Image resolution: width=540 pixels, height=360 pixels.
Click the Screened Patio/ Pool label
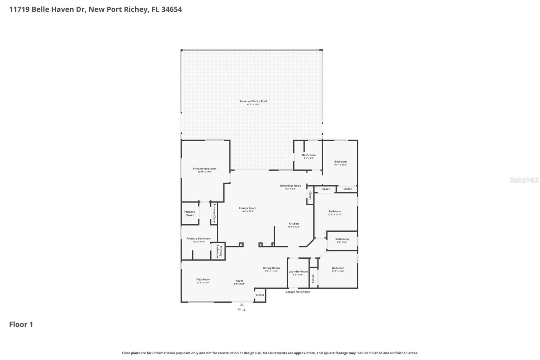253,101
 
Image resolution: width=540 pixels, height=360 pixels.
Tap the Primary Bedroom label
205,169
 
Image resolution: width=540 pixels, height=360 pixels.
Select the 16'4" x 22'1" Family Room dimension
247,211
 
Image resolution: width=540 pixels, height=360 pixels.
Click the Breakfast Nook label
290,186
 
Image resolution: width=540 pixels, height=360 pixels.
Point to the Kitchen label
294,224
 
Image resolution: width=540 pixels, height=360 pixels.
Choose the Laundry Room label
298,272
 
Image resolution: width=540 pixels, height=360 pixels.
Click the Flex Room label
203,279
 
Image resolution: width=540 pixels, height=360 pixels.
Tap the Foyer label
239,281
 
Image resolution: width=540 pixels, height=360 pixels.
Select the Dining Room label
271,268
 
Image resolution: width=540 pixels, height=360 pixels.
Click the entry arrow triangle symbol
242,305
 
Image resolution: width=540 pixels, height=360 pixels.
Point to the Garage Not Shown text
298,292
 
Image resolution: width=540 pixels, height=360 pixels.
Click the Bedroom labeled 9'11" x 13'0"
340,162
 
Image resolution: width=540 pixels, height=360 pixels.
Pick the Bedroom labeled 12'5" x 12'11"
335,211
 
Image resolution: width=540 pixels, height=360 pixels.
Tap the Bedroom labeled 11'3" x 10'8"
338,268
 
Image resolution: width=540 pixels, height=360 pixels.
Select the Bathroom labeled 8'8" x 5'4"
342,239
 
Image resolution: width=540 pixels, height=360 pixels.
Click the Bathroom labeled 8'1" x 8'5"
308,155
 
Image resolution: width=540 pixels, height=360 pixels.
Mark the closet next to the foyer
260,295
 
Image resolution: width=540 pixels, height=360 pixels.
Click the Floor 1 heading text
21,324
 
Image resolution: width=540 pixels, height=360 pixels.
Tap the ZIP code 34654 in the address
171,9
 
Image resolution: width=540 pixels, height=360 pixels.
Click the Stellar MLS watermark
524,180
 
